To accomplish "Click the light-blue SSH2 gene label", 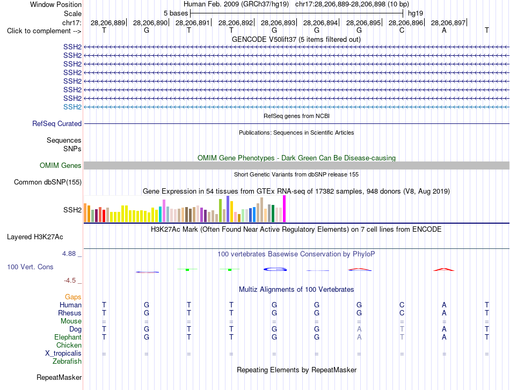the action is pyautogui.click(x=72, y=107).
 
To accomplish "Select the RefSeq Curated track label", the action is pyautogui.click(x=57, y=123).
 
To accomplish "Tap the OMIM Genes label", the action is pyautogui.click(x=61, y=165).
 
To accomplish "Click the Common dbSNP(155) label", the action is pyautogui.click(x=48, y=182).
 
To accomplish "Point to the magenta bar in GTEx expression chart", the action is pyautogui.click(x=285, y=209).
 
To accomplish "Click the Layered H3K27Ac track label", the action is pyautogui.click(x=35, y=237).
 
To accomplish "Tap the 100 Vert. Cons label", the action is pyautogui.click(x=30, y=267).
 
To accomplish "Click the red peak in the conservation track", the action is pyautogui.click(x=444, y=269).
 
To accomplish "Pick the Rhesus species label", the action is pyautogui.click(x=70, y=313).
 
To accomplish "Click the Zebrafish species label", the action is pyautogui.click(x=67, y=361).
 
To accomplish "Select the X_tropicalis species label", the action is pyautogui.click(x=63, y=354).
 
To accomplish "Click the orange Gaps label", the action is pyautogui.click(x=73, y=297).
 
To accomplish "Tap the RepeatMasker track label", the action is pyautogui.click(x=59, y=377).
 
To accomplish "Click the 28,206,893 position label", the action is pyautogui.click(x=278, y=23).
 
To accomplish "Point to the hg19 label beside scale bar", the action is pyautogui.click(x=416, y=13).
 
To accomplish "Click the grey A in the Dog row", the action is pyautogui.click(x=359, y=329).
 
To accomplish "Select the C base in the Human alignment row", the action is pyautogui.click(x=402, y=305).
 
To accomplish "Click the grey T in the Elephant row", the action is pyautogui.click(x=402, y=337).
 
